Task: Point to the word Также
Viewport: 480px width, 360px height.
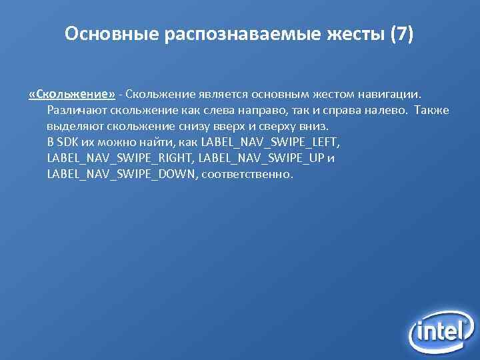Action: [431, 110]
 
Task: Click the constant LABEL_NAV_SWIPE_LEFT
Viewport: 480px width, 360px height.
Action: [270, 142]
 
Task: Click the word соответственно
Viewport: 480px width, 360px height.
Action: [246, 175]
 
